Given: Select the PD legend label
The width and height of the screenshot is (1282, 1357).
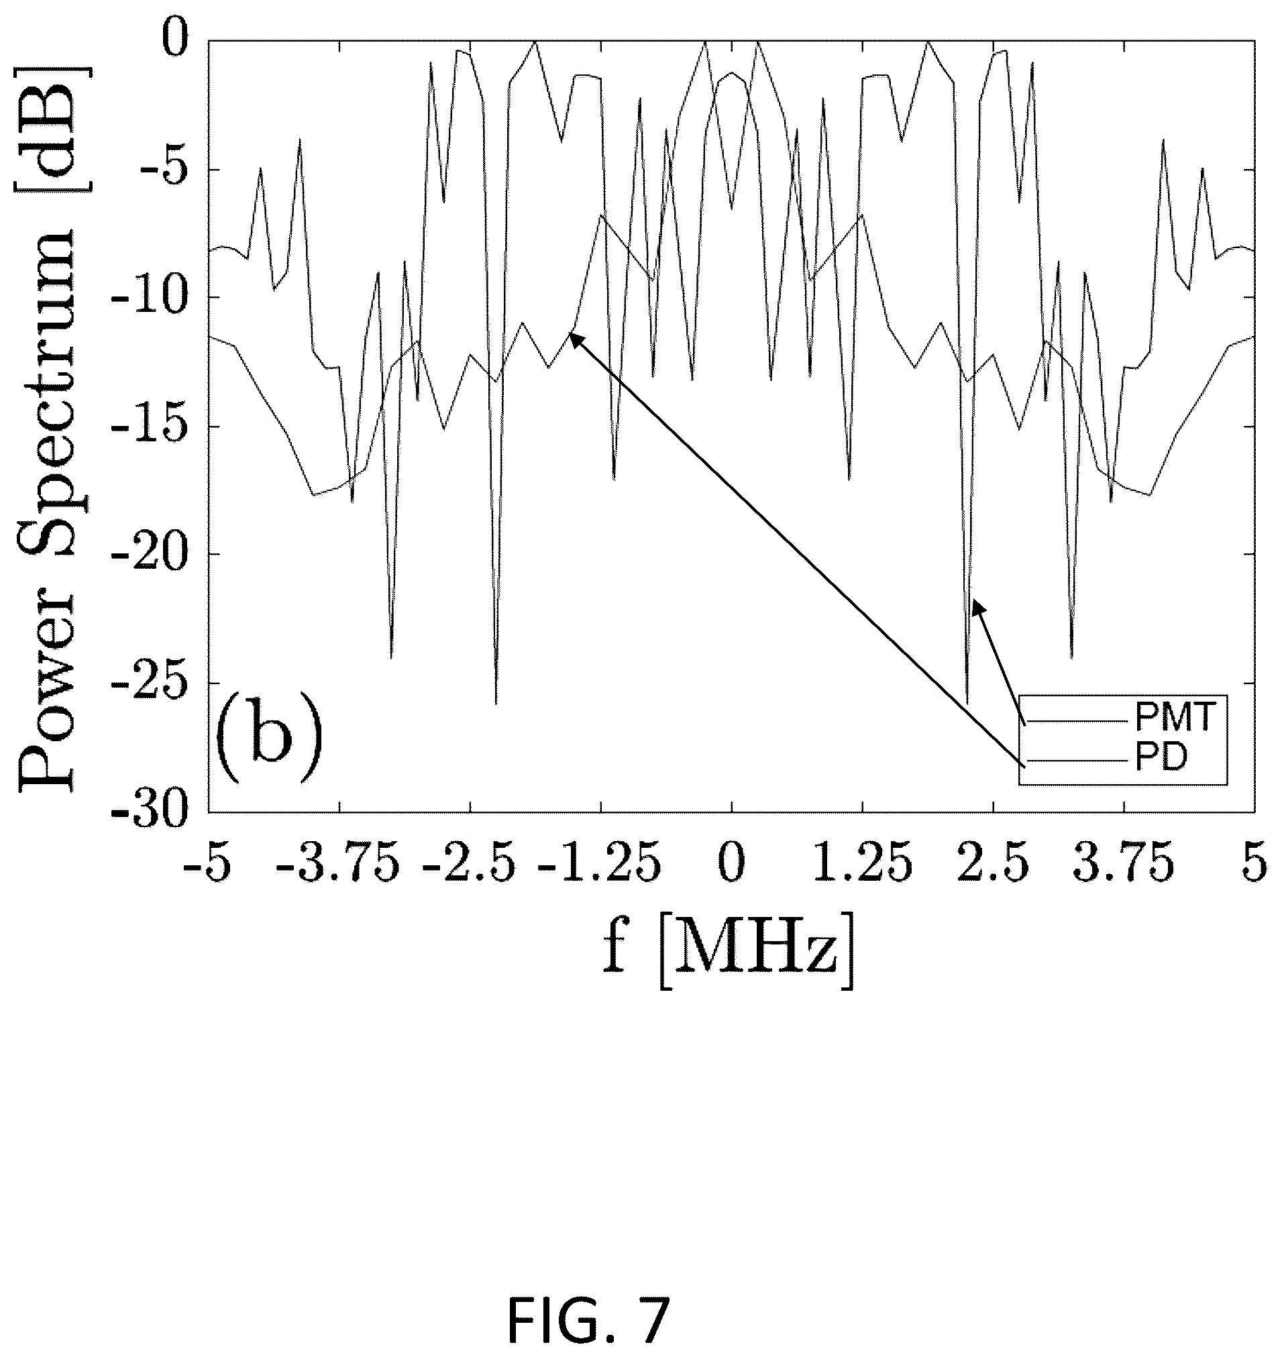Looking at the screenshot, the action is click(1162, 759).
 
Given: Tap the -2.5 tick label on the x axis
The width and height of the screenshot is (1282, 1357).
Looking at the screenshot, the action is click(470, 865).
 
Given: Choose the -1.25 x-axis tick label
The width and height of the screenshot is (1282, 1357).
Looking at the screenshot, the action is click(600, 865).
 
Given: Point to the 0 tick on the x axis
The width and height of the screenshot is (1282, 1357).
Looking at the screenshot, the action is click(731, 865).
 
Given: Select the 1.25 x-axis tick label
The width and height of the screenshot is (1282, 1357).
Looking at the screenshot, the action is click(863, 865).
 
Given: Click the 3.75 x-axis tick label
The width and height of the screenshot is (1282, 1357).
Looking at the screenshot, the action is click(1124, 865).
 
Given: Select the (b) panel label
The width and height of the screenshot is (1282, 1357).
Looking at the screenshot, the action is click(267, 739).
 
